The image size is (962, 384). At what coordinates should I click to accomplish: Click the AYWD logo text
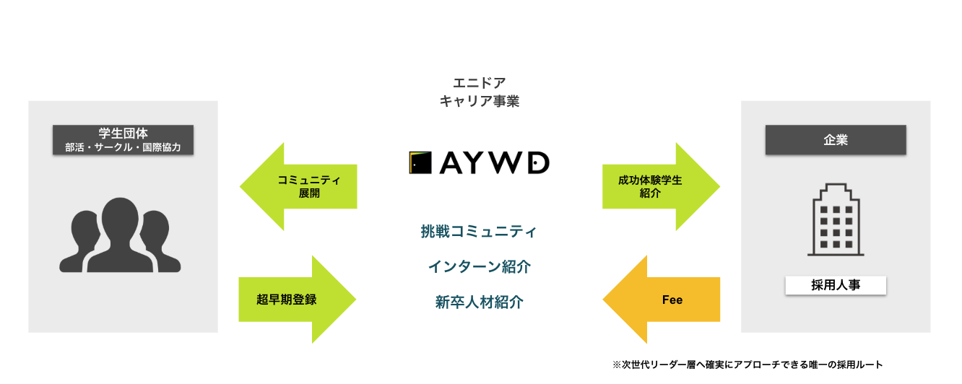click(495, 162)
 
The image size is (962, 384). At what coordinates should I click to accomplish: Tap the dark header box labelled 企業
click(836, 139)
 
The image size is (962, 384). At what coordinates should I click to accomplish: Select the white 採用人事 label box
click(836, 285)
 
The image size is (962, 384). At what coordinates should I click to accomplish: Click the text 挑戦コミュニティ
click(479, 232)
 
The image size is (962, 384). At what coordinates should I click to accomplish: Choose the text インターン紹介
click(479, 267)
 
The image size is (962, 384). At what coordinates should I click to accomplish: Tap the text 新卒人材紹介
click(479, 302)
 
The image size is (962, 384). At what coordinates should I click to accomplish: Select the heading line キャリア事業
click(480, 102)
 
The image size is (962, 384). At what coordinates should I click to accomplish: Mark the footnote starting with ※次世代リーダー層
click(747, 365)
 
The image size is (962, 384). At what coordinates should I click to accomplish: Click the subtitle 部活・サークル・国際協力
click(123, 147)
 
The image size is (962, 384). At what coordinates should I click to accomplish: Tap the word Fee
click(672, 300)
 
